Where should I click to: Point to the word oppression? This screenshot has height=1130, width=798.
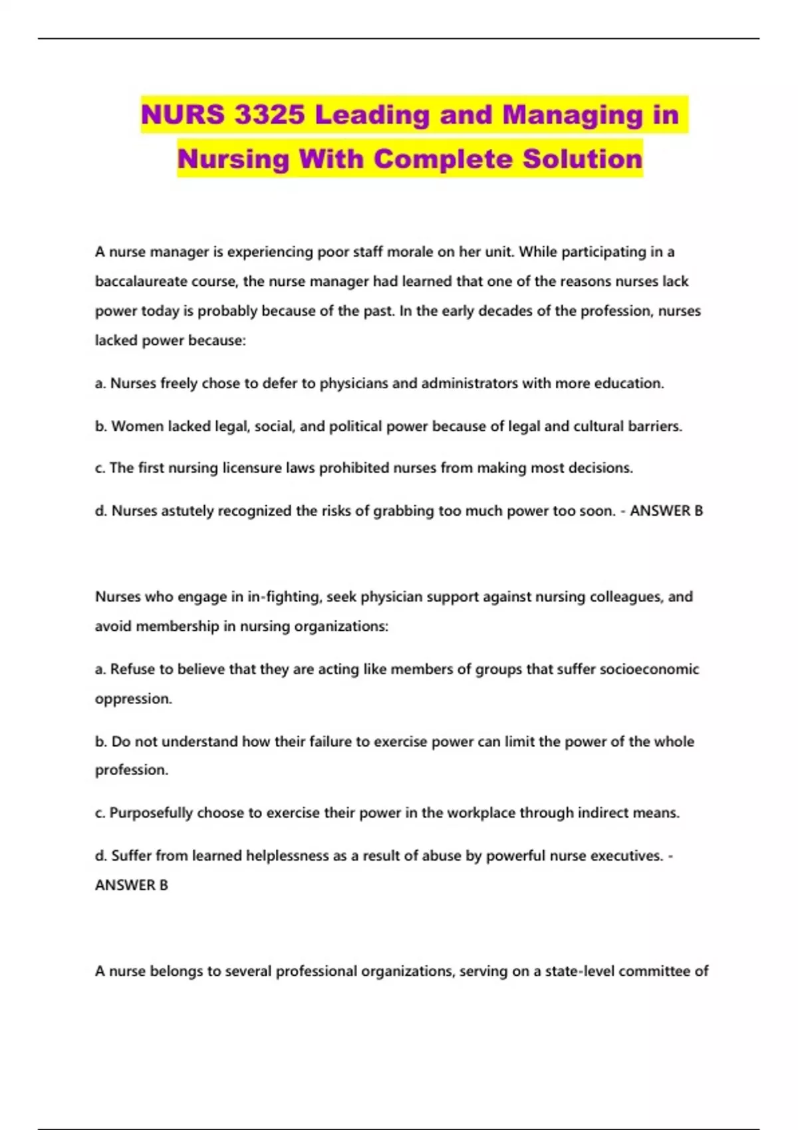(133, 699)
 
